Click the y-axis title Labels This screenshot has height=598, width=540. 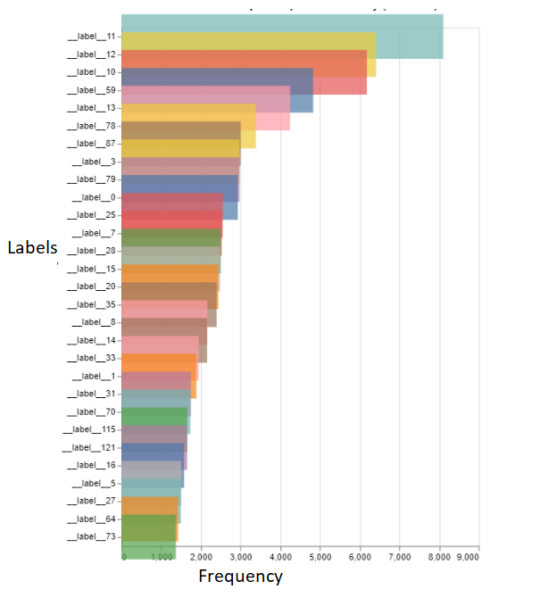pyautogui.click(x=32, y=248)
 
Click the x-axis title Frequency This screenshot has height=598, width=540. pyautogui.click(x=240, y=577)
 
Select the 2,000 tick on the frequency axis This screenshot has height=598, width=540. pyautogui.click(x=202, y=557)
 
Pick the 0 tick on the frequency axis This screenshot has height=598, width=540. pyautogui.click(x=123, y=557)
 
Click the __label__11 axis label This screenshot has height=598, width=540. pyautogui.click(x=91, y=37)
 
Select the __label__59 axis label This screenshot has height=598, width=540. pyautogui.click(x=91, y=90)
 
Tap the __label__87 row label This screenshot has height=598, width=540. pyautogui.click(x=91, y=144)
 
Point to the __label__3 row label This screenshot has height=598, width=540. pyautogui.click(x=94, y=162)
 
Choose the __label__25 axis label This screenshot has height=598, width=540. pyautogui.click(x=91, y=215)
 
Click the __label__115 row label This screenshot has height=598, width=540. pyautogui.click(x=89, y=429)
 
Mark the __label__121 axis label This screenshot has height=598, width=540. pyautogui.click(x=89, y=447)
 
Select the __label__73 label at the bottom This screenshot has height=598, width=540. pyautogui.click(x=91, y=536)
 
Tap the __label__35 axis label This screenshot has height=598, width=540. pyautogui.click(x=91, y=304)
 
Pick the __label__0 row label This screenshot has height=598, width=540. pyautogui.click(x=94, y=197)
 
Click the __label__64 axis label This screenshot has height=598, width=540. pyautogui.click(x=91, y=519)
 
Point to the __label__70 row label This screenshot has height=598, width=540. pyautogui.click(x=91, y=411)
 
